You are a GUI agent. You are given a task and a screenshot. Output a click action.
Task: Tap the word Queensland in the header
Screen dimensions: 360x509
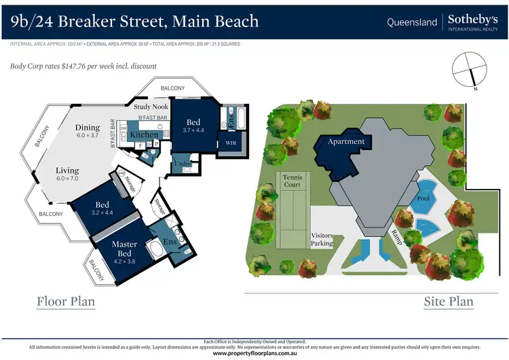coord(412,22)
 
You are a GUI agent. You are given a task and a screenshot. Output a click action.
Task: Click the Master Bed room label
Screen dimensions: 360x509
coord(124,249)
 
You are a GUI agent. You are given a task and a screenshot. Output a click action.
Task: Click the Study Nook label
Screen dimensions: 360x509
coord(151,107)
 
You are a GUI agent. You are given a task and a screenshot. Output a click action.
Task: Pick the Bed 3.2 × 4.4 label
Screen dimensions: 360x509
coord(102,208)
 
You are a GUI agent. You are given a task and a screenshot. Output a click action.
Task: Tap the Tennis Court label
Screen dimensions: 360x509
coord(291,180)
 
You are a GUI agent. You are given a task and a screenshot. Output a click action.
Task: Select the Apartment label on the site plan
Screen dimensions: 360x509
coord(346,142)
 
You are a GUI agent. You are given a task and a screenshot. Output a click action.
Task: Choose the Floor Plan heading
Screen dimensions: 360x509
coord(65,301)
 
